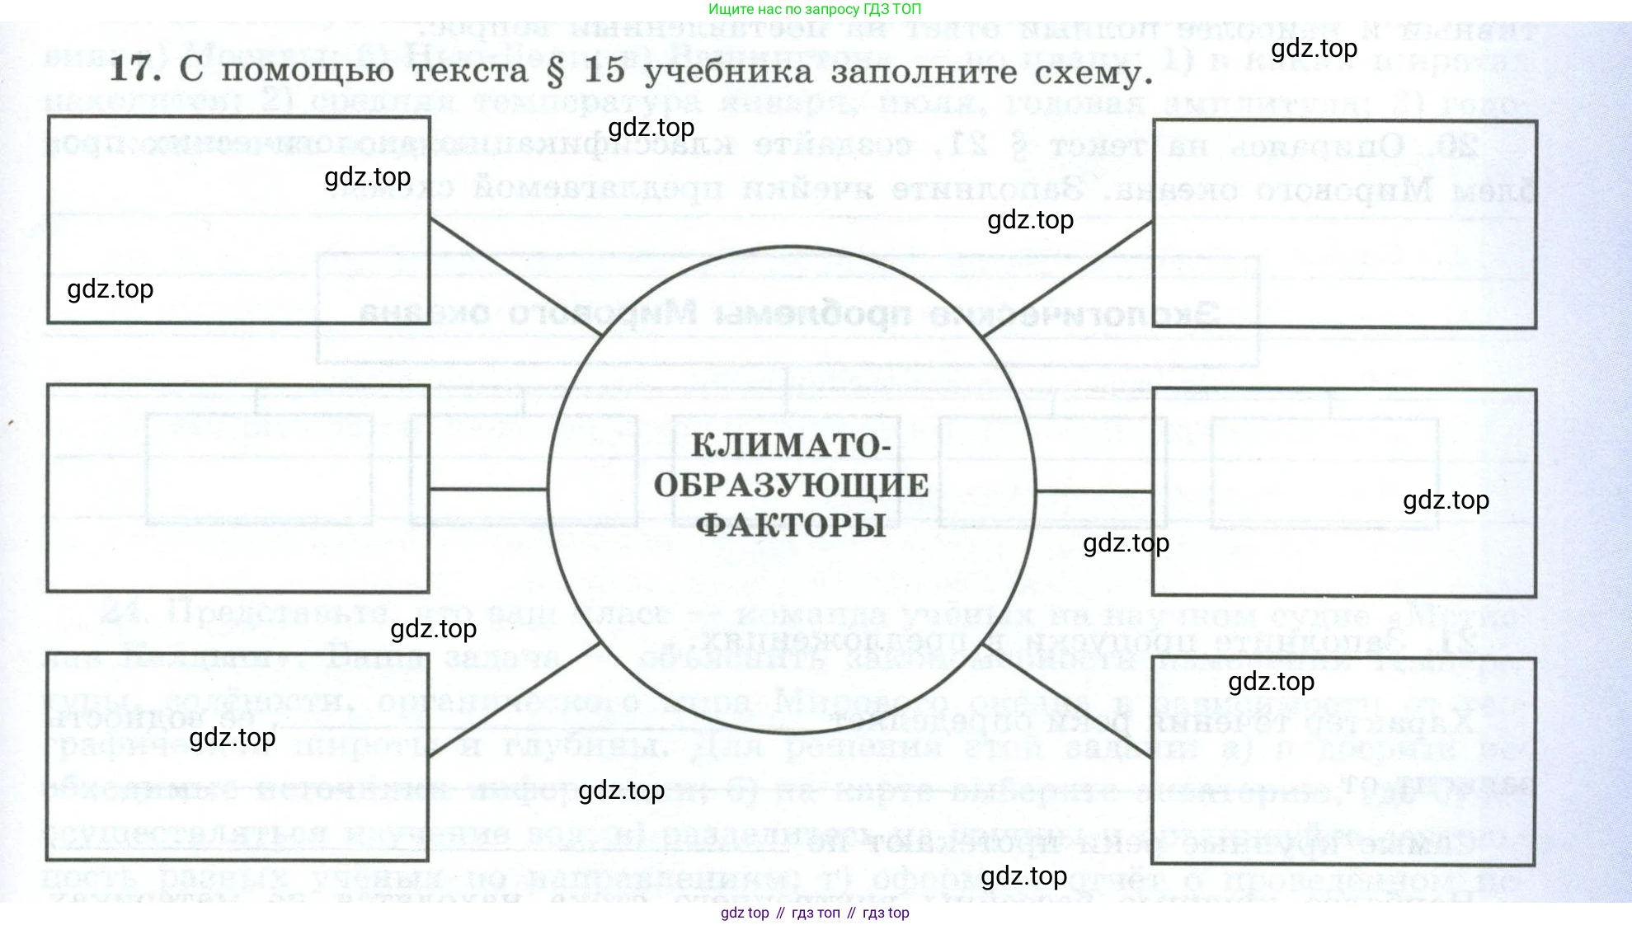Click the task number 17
[134, 69]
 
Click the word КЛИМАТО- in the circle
[790, 446]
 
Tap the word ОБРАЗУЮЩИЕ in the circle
[791, 486]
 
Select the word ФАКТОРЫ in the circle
[790, 525]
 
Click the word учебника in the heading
[728, 73]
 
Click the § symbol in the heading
[555, 72]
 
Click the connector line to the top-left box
[516, 276]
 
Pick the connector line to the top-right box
[1068, 278]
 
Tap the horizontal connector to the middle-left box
[488, 490]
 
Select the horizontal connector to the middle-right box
[1093, 491]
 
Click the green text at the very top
[815, 9]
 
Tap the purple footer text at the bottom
[815, 913]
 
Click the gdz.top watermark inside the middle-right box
[1446, 500]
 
